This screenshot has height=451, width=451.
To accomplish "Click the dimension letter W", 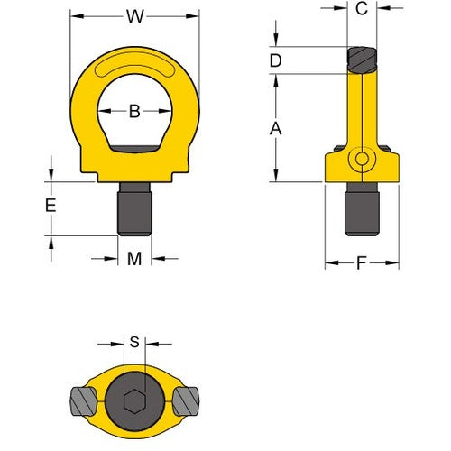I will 135,15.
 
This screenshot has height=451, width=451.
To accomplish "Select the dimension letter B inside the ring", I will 134,112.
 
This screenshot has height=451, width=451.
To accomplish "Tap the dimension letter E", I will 51,206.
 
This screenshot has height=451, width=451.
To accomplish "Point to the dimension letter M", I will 134,260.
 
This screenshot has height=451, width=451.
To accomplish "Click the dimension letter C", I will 361,10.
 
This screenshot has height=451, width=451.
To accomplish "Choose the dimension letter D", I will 276,60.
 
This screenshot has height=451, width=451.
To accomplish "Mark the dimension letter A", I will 276,129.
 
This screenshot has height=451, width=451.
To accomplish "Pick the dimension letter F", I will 362,264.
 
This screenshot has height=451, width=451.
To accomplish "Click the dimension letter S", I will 135,342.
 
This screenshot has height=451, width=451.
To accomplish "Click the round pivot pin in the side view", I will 362,160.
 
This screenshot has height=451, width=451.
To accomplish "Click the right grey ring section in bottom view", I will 187,397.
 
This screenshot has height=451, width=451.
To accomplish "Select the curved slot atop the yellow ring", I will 134,67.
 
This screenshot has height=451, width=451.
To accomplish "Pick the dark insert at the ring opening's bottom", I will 134,150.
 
